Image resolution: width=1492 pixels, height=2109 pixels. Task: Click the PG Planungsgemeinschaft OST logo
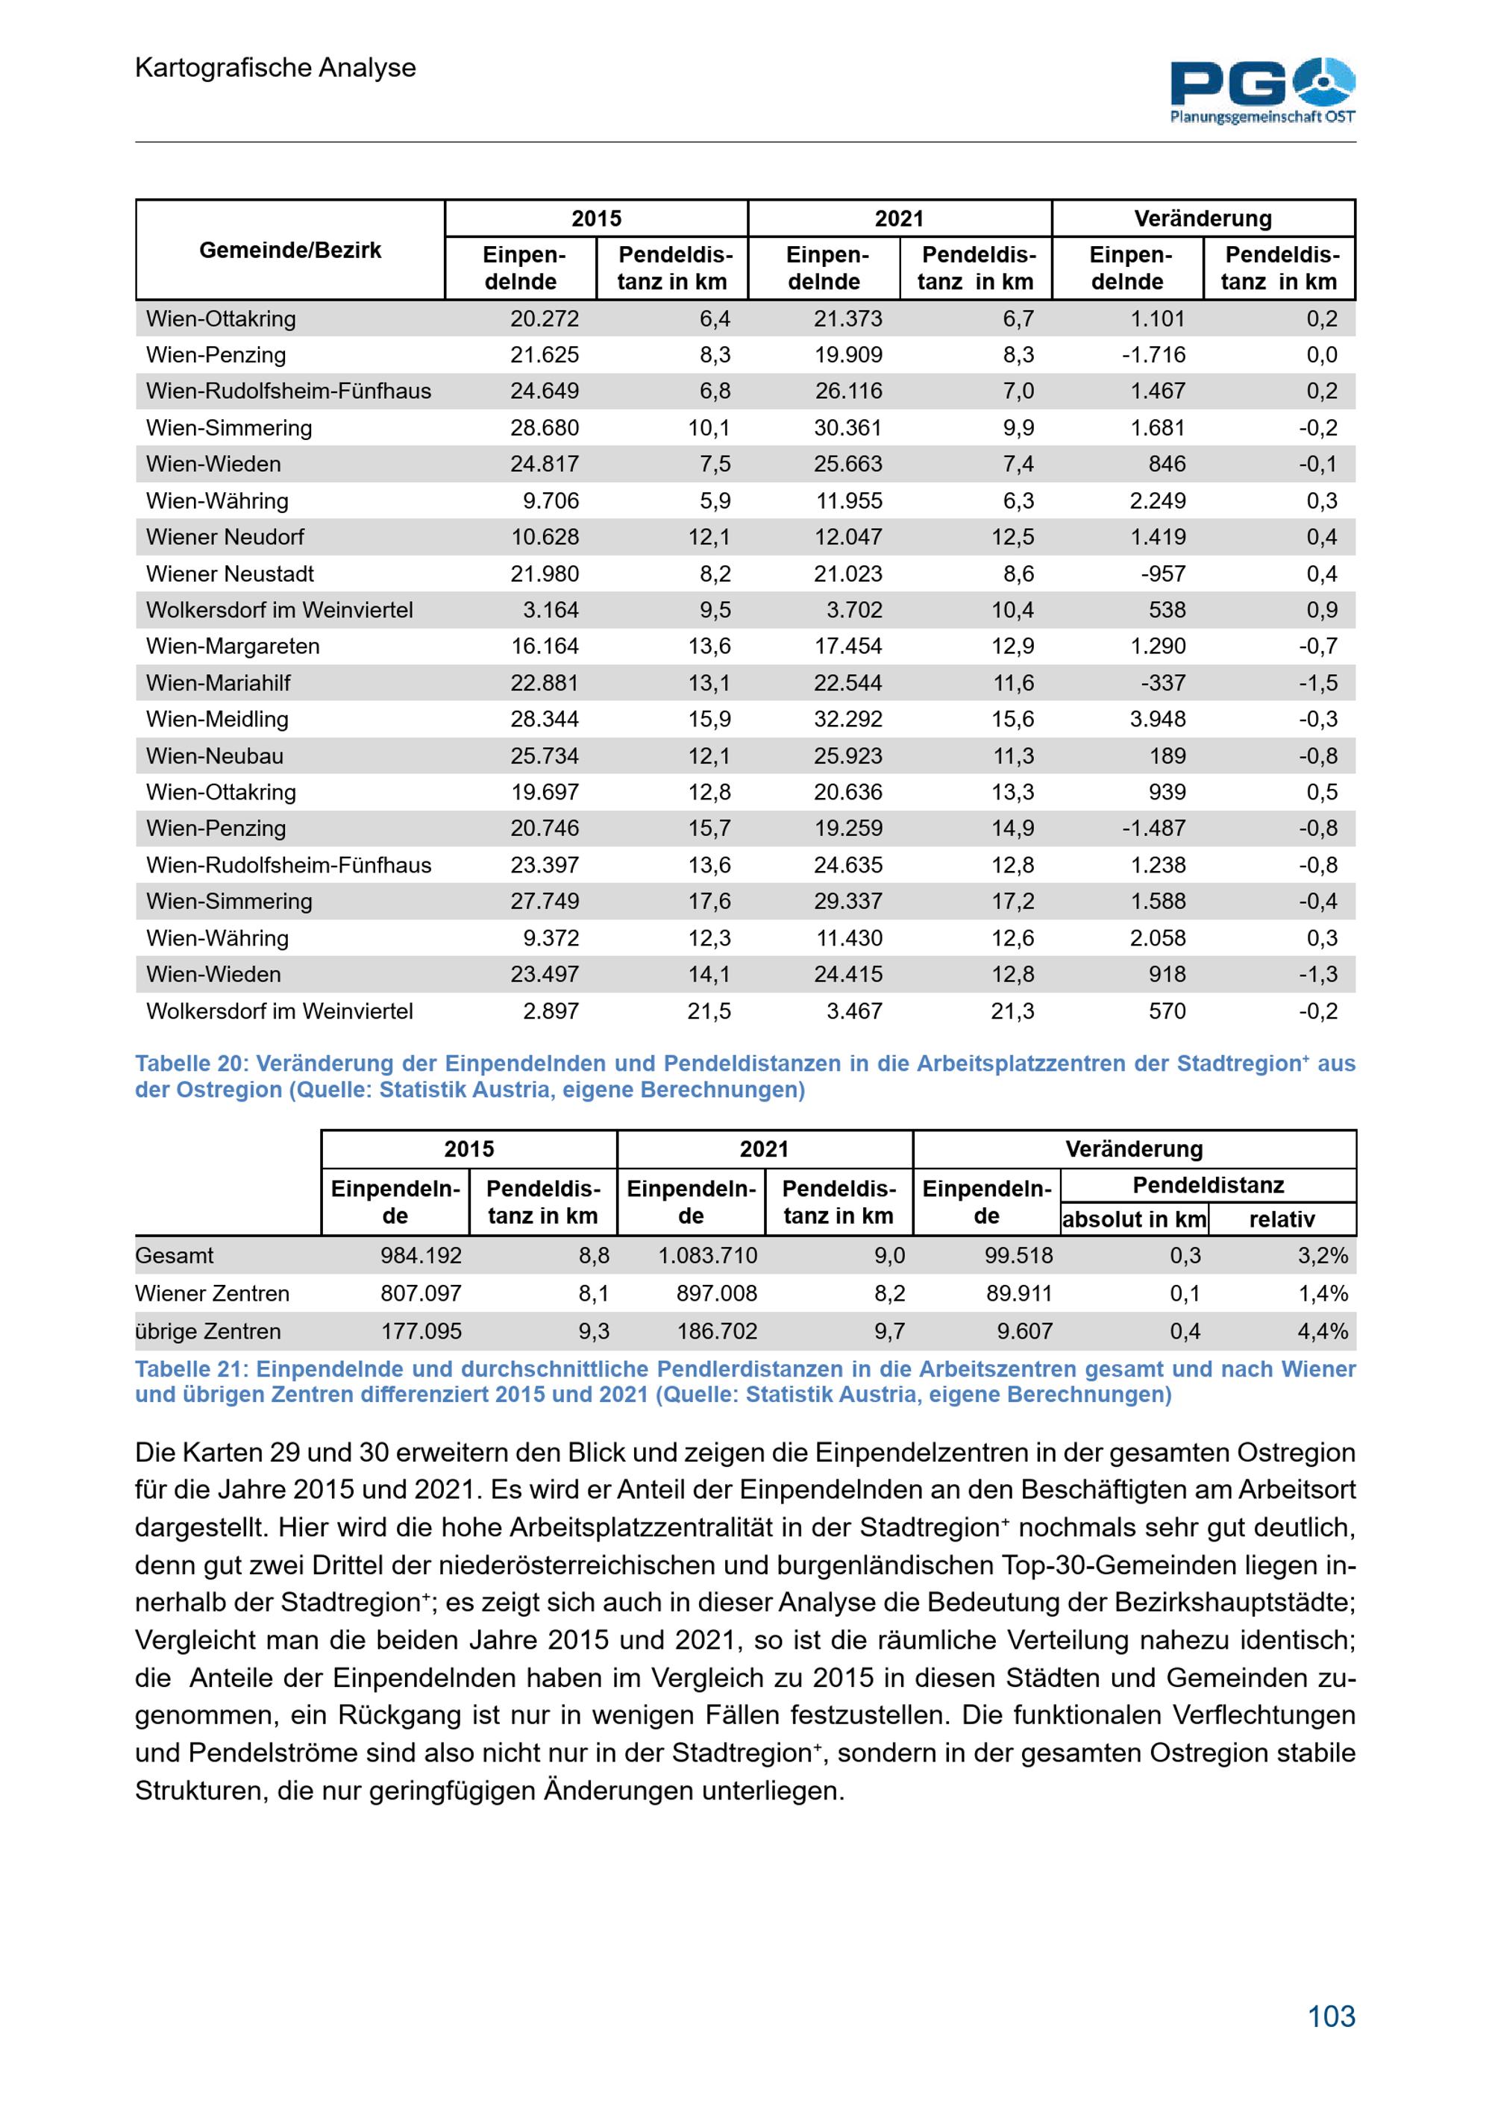tap(1262, 90)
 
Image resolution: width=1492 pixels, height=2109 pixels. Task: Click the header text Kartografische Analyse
tap(275, 67)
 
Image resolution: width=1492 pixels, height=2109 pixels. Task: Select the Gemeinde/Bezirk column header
tap(289, 250)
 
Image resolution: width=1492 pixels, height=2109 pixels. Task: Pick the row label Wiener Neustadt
tap(230, 573)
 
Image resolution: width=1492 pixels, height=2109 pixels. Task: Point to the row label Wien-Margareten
tap(233, 646)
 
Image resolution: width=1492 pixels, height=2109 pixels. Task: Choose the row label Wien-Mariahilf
tap(218, 682)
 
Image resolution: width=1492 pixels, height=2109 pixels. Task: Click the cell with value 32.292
tap(847, 719)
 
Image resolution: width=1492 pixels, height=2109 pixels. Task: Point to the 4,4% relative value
tap(1322, 1331)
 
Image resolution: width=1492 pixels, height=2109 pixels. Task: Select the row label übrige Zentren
tap(207, 1331)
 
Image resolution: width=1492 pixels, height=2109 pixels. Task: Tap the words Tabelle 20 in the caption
tap(190, 1063)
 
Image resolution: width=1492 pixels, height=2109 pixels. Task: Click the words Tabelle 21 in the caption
tap(190, 1368)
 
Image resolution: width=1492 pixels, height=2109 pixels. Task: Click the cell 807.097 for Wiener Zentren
tap(421, 1293)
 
